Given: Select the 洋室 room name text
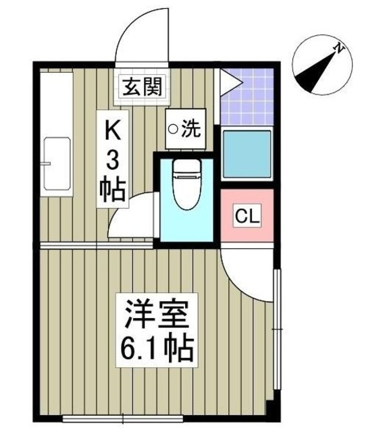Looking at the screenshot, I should (157, 314).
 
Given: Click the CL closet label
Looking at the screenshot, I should (246, 217).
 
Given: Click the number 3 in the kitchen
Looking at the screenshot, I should (114, 160).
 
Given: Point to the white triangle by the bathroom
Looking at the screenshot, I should (230, 84).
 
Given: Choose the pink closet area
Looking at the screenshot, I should (247, 217).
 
